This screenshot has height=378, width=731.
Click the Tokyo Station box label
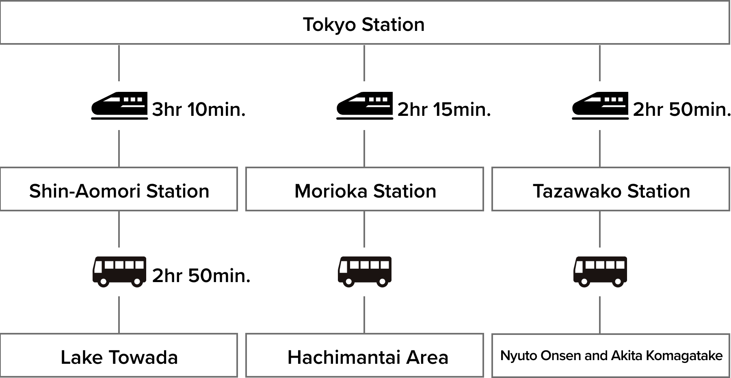coord(363,24)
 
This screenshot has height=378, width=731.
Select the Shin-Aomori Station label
coord(119,191)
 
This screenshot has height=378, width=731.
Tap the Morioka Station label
coord(365,191)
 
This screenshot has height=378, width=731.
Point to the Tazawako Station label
coord(611,191)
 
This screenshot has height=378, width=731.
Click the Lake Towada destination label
coord(119,357)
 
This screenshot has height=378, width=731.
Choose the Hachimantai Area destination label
coord(368,357)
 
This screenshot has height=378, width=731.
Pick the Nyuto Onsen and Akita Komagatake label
coord(611,356)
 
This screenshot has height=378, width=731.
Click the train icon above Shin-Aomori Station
coord(119,106)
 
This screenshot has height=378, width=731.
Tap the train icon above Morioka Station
coord(365,106)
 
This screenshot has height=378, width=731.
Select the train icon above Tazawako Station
coord(600,106)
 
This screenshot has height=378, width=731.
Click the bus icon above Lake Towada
coord(119,272)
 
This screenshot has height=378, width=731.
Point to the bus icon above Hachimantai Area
coord(365,272)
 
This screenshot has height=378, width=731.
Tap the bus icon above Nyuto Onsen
coord(600,272)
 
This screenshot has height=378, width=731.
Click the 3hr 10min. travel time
coord(199,110)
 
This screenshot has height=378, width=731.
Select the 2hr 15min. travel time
coord(444,110)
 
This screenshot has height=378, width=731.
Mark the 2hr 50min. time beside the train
coord(681,110)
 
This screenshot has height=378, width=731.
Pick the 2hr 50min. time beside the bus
coord(201,276)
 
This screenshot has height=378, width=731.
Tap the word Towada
coord(143,357)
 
